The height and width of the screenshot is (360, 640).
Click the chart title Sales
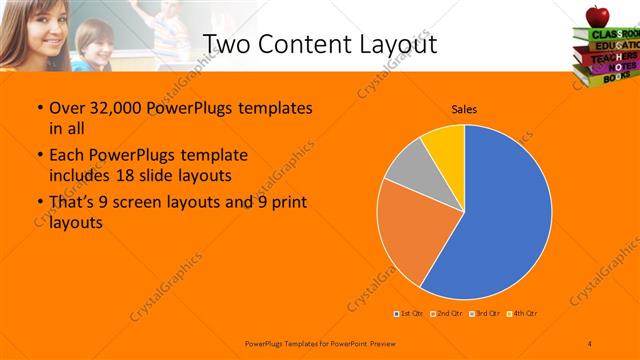pos(463,107)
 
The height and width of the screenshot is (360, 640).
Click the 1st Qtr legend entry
pos(409,314)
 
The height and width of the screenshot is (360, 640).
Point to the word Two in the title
pos(229,44)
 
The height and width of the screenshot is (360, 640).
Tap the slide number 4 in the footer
pos(590,343)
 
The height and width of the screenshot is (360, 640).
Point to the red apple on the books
pos(598,15)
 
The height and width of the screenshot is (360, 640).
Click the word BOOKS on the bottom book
pos(606,75)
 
